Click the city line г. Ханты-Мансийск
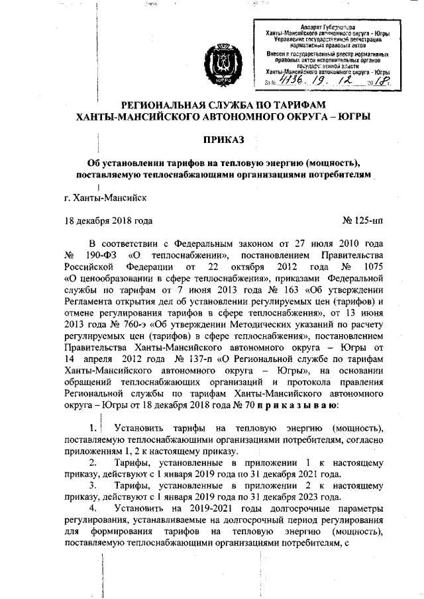pyautogui.click(x=101, y=197)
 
